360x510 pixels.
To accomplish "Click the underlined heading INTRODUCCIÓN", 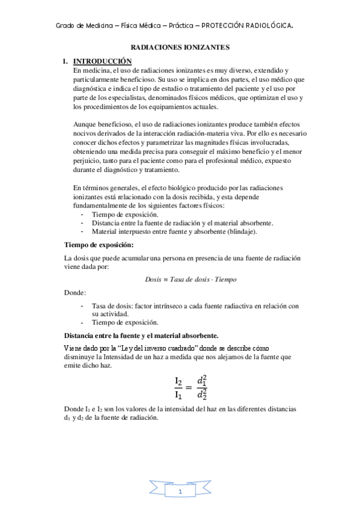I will coord(102,61).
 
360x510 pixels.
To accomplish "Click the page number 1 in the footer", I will coord(180,492).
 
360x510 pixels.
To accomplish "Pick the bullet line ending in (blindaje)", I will coord(166,231).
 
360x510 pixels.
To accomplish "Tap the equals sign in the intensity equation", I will coord(191,387).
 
